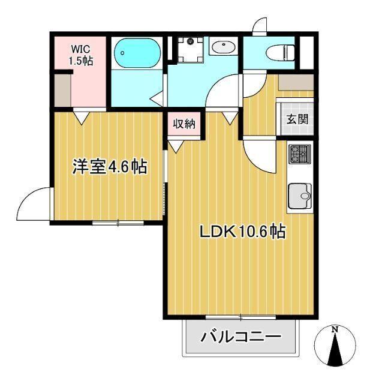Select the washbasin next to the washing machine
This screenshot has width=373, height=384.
coord(224,46)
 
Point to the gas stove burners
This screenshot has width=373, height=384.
coord(299,154)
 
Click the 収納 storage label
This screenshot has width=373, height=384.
coord(184,124)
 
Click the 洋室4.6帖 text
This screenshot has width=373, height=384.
coord(109,167)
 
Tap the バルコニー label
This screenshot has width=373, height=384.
coord(240,337)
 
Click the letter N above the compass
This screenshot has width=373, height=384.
coord(335,329)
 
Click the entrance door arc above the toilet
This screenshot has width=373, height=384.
coord(259,27)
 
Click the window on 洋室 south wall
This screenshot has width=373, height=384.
coord(118,223)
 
